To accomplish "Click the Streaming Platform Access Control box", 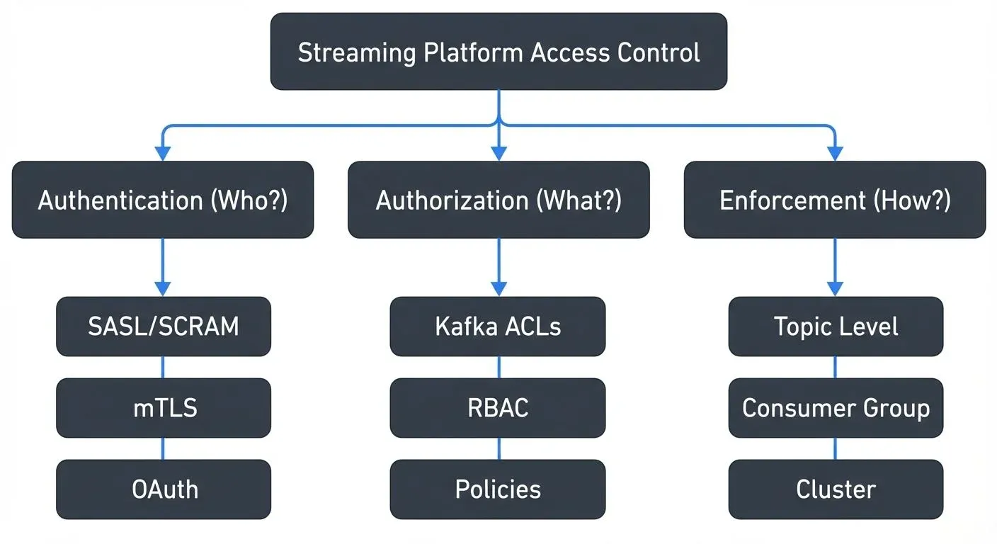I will pos(498,52).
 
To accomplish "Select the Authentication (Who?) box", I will pos(163,200).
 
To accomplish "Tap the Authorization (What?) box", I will pos(498,200).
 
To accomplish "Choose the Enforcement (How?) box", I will pos(835,200).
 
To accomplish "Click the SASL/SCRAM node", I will pos(163,327).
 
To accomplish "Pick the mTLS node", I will pos(163,408).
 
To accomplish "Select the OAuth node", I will pos(163,489).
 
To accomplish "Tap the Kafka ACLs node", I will pos(498,327).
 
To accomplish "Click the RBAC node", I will pos(498,408).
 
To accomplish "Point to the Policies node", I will pos(498,489).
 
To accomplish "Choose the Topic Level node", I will pos(836,327).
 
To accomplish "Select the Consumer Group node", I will pos(836,408).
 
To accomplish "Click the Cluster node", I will pos(836,489).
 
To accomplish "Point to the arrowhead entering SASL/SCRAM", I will pos(163,289).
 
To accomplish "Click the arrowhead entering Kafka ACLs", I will pos(498,289).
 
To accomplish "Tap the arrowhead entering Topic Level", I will pos(836,289).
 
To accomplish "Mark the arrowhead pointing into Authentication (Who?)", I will pos(163,153).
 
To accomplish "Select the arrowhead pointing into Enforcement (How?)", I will pos(836,153).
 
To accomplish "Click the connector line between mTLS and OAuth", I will pos(163,448).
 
